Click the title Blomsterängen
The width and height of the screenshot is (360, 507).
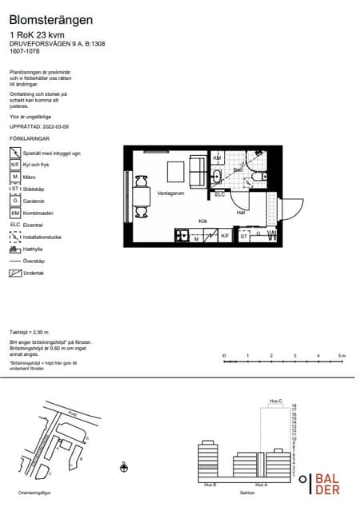click(x=50, y=19)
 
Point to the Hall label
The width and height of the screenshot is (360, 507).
click(x=240, y=212)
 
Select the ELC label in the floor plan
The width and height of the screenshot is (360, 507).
click(x=219, y=194)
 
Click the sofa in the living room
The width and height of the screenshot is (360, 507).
click(x=195, y=170)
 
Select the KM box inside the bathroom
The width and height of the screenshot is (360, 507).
click(x=217, y=158)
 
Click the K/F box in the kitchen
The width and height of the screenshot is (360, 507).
click(x=225, y=236)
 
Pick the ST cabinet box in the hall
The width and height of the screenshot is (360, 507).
click(x=244, y=236)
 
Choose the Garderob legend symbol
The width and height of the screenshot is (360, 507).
click(x=14, y=200)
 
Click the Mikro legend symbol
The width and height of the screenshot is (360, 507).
click(x=14, y=176)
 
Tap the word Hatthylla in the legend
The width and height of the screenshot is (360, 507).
click(x=34, y=249)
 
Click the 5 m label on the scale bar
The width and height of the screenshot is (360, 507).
click(x=342, y=355)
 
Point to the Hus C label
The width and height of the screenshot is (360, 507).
click(x=275, y=401)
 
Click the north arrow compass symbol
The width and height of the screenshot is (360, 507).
click(x=124, y=466)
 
